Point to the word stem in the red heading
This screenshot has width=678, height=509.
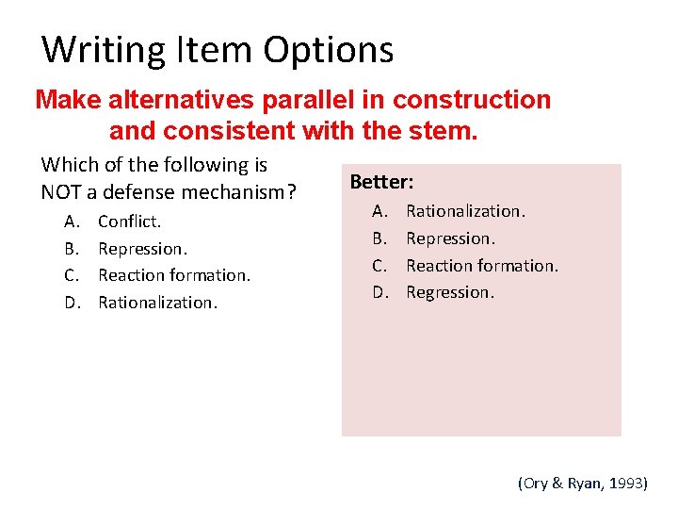point(444,129)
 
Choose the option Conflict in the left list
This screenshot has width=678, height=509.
point(129,222)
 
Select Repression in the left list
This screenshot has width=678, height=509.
point(142,249)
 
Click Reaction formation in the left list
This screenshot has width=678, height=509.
point(173,275)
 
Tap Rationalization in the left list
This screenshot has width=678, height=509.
point(157,303)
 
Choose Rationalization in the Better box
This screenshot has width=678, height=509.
point(465,211)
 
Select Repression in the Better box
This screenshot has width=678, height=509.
point(450,238)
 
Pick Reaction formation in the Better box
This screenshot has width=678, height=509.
point(481,266)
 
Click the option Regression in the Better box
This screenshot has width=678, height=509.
point(449,292)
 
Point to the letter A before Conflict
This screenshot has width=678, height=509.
point(72,222)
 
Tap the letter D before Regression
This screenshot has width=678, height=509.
point(379,292)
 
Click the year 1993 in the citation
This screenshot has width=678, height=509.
point(625,483)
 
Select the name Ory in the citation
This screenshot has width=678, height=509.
point(536,483)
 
